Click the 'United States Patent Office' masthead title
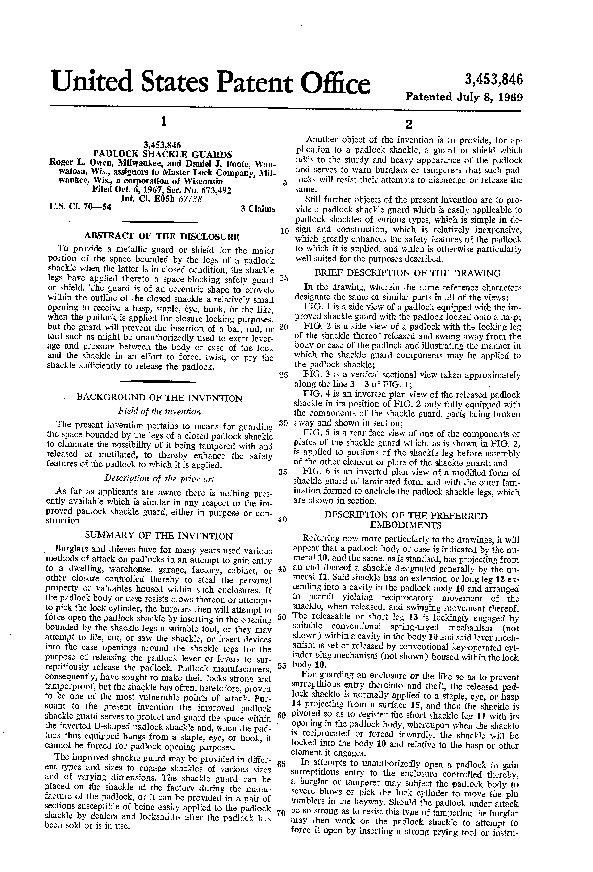point(211,82)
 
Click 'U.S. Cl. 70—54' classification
point(80,206)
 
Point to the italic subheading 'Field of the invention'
point(159,412)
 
